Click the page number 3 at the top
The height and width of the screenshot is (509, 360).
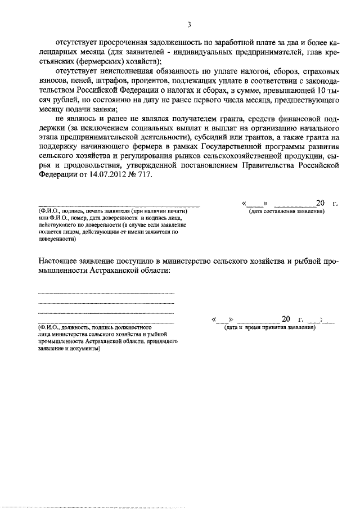coord(190,24)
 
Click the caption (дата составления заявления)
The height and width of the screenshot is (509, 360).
coord(287,211)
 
